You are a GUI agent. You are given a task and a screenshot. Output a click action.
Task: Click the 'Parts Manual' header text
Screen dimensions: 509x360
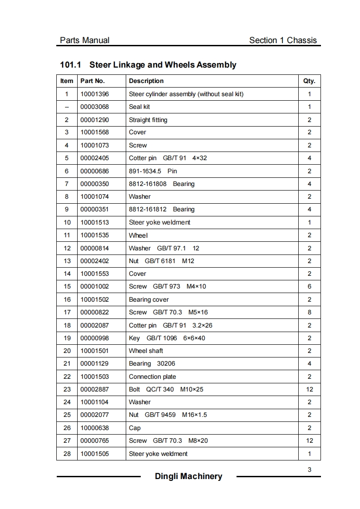point(84,40)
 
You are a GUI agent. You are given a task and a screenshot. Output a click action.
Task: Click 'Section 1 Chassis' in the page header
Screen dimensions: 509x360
point(283,40)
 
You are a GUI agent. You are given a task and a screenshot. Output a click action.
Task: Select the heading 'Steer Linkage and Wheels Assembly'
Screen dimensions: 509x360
point(163,65)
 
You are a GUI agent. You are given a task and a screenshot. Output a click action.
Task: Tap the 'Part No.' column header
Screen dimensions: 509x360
point(93,81)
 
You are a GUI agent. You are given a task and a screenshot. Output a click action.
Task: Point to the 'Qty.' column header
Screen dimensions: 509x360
point(309,81)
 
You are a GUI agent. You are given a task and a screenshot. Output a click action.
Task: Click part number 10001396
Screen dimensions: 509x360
point(95,94)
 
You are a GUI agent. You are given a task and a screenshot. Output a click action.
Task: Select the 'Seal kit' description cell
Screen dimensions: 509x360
point(139,107)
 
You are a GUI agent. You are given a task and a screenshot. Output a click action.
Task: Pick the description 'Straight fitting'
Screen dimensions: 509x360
point(148,120)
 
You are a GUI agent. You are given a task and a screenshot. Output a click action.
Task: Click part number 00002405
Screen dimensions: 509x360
point(95,158)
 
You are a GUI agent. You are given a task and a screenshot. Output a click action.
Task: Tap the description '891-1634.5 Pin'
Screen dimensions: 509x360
point(153,171)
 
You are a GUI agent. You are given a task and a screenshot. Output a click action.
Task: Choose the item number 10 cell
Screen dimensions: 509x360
point(67,222)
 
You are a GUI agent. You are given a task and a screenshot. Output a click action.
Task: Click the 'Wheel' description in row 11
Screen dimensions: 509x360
point(138,235)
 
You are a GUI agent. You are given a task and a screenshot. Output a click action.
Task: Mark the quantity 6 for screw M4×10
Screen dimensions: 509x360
point(309,286)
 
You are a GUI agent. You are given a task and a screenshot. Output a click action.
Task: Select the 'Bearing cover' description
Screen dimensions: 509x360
point(149,299)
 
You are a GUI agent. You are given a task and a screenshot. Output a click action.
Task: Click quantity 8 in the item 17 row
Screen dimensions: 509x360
point(309,312)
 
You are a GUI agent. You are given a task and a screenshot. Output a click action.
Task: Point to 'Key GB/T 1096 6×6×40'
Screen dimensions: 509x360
point(167,338)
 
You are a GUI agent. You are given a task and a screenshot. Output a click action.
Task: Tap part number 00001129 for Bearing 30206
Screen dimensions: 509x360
point(95,363)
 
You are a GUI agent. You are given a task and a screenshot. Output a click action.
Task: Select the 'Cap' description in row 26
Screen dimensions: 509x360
point(135,428)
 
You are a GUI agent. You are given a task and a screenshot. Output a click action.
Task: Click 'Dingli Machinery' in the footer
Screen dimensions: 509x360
point(188,476)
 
